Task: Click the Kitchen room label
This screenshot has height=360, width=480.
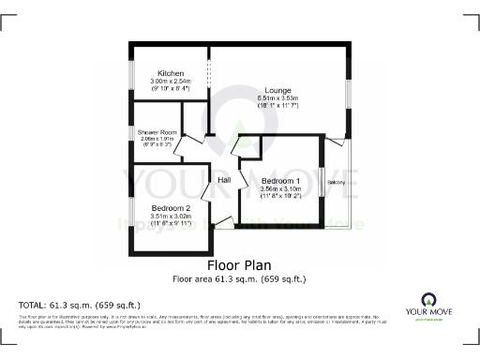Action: [170, 73]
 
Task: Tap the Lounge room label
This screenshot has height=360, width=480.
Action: [277, 90]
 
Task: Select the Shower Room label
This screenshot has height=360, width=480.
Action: [157, 132]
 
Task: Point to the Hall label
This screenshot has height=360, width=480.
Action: [225, 180]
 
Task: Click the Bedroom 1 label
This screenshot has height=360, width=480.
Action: [280, 181]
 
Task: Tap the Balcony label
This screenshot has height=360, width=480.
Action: [337, 182]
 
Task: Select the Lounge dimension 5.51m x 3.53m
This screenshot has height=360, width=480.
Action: [277, 98]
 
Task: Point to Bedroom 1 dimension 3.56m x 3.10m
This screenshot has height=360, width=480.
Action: [280, 189]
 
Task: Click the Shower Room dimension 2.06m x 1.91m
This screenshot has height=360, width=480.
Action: [157, 139]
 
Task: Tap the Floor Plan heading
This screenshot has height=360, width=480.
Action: [239, 265]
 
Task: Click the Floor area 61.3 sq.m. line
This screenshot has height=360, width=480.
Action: [239, 278]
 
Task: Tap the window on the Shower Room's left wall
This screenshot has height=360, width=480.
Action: [132, 141]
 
